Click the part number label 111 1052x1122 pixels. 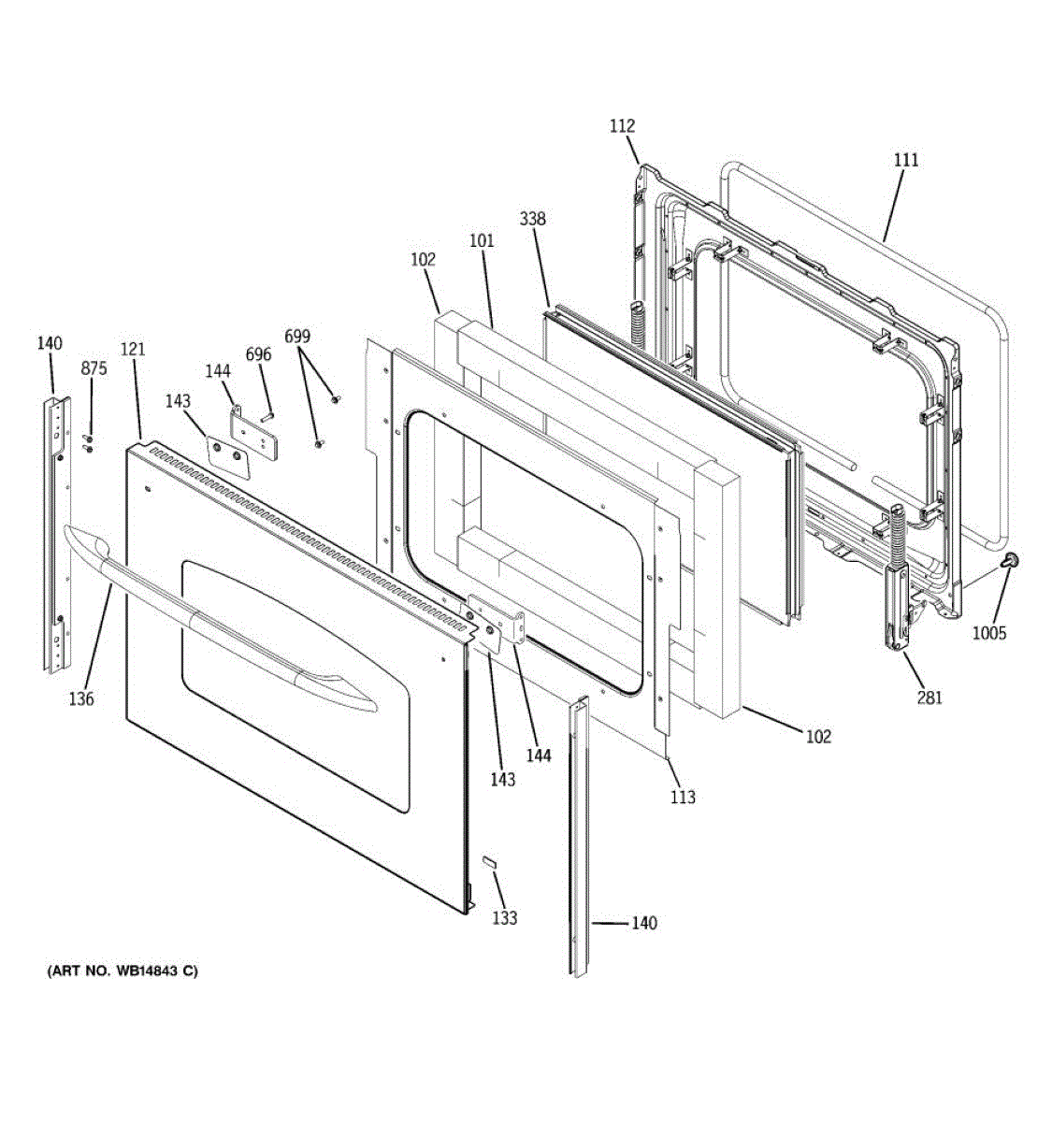[x=905, y=161]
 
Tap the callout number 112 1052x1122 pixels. [x=622, y=126]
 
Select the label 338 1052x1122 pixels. [x=532, y=219]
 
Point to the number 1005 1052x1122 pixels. [x=989, y=633]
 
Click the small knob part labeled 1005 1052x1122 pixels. [x=1011, y=560]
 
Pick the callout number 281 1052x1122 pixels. [x=930, y=698]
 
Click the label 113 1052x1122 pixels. [x=683, y=798]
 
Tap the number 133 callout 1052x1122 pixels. [x=504, y=918]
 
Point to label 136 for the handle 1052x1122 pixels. [x=81, y=698]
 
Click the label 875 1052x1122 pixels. [x=94, y=369]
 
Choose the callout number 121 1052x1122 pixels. [x=133, y=349]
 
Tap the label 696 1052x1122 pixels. [x=258, y=354]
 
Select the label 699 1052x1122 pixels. [x=297, y=337]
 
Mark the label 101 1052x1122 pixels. [x=482, y=240]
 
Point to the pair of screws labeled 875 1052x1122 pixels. [x=89, y=443]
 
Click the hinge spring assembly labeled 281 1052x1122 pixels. [x=897, y=578]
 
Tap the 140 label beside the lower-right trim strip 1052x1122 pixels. [x=644, y=923]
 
